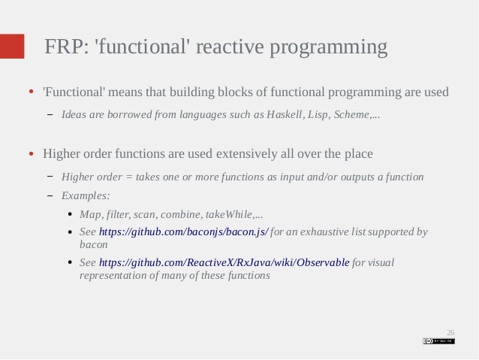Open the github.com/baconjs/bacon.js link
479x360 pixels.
coord(183,232)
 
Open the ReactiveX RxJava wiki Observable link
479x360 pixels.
coord(224,263)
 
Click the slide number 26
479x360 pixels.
coord(450,331)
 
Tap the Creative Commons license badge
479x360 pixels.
coord(438,340)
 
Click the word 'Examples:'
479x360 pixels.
coord(86,195)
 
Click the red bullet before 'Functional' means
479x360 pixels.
coord(32,93)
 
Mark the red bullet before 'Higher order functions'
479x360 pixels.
coord(32,155)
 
